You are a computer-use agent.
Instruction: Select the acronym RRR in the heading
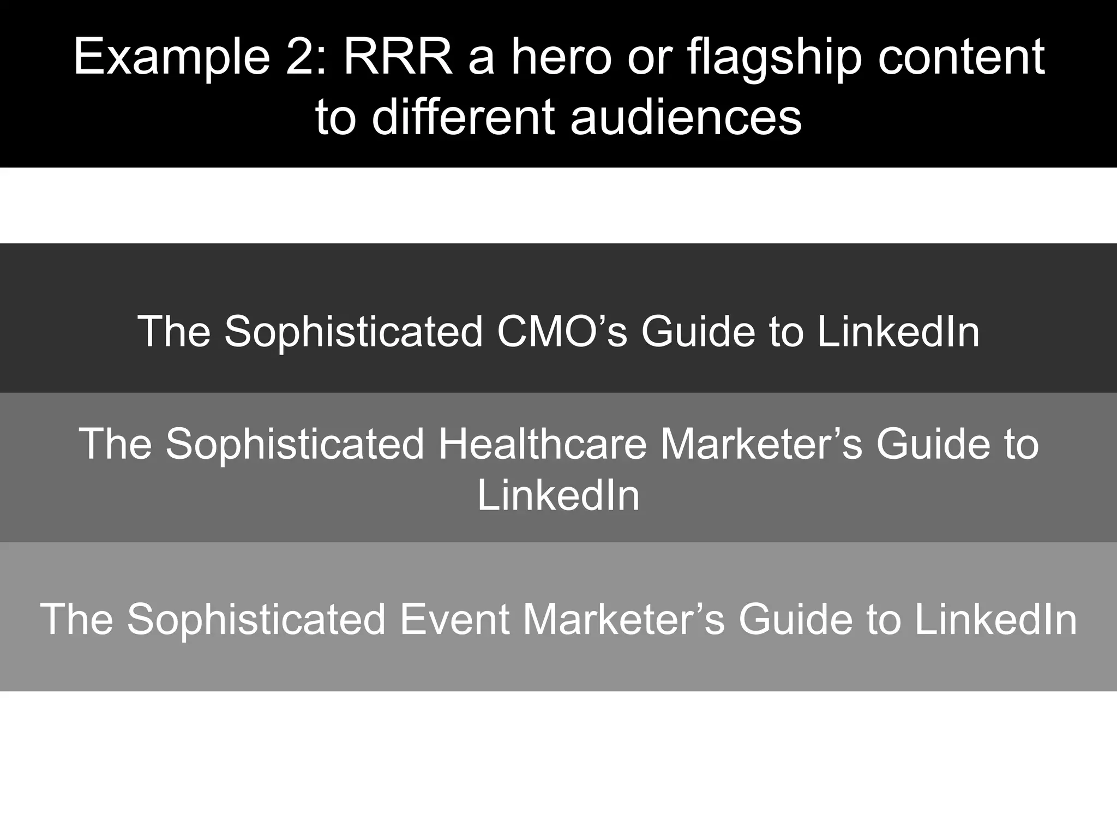pyautogui.click(x=398, y=57)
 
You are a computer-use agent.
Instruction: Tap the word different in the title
pyautogui.click(x=463, y=117)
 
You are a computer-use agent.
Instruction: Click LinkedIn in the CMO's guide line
pyautogui.click(x=898, y=331)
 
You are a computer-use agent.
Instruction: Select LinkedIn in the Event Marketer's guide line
pyautogui.click(x=995, y=619)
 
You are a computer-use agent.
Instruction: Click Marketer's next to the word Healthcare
pyautogui.click(x=761, y=444)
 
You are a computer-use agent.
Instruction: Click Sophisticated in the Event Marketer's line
pyautogui.click(x=256, y=619)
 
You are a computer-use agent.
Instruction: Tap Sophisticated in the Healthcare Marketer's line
pyautogui.click(x=295, y=444)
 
